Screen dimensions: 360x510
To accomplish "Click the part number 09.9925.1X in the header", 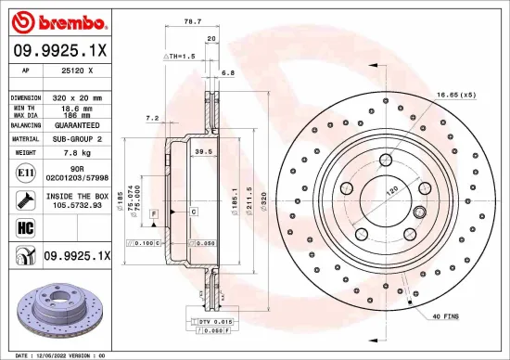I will (57, 50).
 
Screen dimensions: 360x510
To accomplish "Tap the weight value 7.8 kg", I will (65, 150).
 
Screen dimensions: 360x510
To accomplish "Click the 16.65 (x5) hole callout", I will (455, 95).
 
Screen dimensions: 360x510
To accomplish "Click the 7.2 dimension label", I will (153, 118).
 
